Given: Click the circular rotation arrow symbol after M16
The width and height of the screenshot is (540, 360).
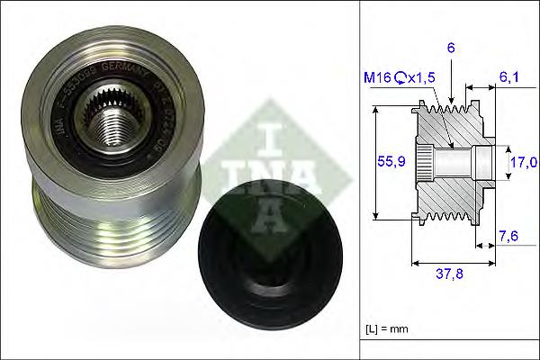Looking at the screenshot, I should (399, 79).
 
